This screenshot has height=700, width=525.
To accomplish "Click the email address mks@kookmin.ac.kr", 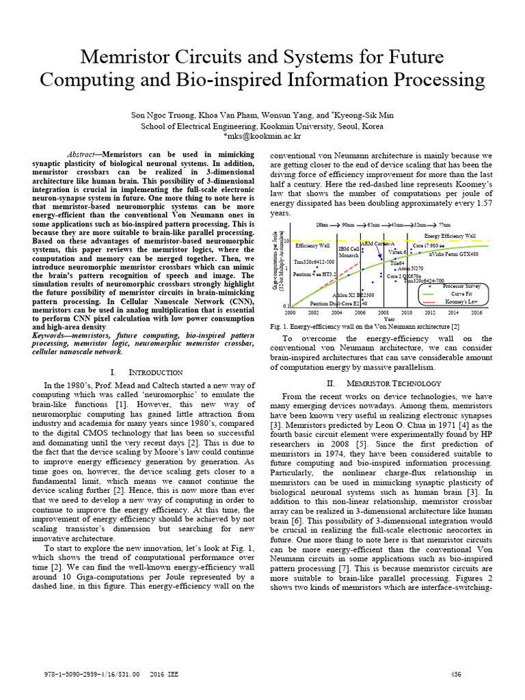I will (262, 136).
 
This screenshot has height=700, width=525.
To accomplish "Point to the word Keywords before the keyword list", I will (54, 336).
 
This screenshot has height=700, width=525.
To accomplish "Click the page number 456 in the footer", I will (456, 674).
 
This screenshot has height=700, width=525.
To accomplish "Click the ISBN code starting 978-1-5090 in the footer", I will (86, 674).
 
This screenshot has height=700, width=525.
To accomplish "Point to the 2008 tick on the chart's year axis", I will (383, 312).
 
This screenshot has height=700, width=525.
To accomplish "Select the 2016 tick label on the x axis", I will (476, 312).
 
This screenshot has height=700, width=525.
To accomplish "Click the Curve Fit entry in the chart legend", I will (454, 294).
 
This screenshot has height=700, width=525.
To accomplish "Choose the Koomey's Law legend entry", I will (457, 301).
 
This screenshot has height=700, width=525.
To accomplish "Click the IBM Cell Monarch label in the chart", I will (349, 252).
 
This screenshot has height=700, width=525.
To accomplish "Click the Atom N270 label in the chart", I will (410, 269).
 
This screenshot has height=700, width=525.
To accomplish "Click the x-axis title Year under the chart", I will (388, 319).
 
